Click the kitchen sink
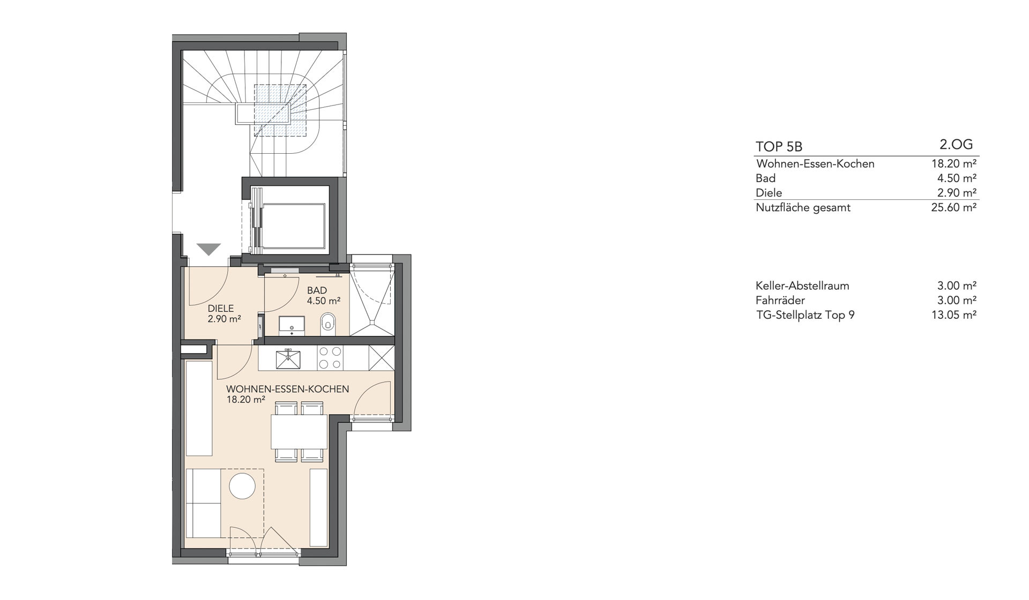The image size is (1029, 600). coord(288,358)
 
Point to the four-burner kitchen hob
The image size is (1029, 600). coord(330,358)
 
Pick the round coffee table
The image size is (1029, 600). coord(242,486)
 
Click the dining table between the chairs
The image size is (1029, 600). coord(299,432)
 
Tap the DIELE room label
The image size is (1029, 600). coord(221,309)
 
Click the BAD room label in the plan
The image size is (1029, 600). coord(317,290)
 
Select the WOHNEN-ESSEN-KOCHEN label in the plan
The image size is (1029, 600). coord(288,389)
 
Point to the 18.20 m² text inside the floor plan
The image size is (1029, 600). coord(246,400)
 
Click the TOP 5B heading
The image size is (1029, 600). coord(779,147)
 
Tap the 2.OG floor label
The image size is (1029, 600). coord(957,144)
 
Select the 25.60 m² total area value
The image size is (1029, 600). coord(954,207)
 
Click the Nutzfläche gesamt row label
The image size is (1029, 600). coord(803,208)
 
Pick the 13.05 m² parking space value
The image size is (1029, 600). coord(954,315)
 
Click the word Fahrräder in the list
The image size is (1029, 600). coord(780,301)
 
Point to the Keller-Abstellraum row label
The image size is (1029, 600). coord(802,286)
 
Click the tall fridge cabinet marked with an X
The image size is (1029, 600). coord(382,358)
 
